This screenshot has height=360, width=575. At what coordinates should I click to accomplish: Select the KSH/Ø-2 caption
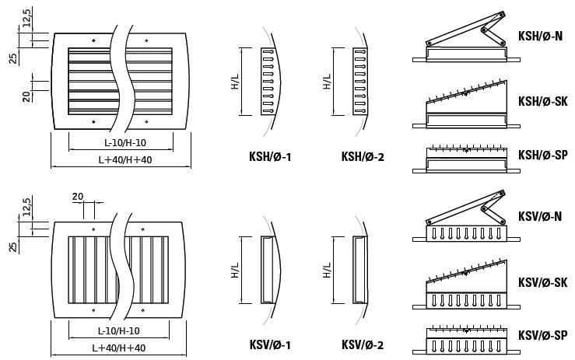363,157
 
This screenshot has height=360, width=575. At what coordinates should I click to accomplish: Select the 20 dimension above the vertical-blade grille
77,196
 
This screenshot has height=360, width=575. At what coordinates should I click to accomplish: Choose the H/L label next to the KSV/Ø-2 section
327,269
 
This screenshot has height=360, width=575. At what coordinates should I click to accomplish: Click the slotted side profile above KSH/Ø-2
359,81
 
